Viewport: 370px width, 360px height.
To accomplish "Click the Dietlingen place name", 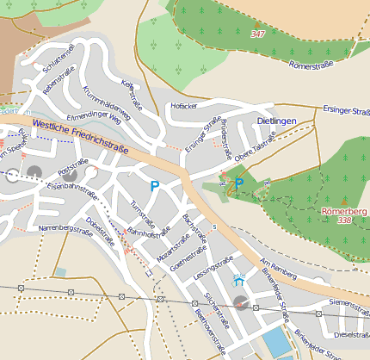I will click(282, 122).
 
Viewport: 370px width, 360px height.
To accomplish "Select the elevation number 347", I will click(257, 34).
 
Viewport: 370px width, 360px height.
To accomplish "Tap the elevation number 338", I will click(345, 220).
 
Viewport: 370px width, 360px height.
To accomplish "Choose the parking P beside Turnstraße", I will click(155, 185).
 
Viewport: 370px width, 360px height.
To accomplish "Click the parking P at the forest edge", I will click(239, 183).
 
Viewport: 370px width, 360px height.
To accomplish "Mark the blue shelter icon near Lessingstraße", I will click(238, 280).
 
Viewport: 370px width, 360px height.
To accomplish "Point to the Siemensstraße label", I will click(348, 303).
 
